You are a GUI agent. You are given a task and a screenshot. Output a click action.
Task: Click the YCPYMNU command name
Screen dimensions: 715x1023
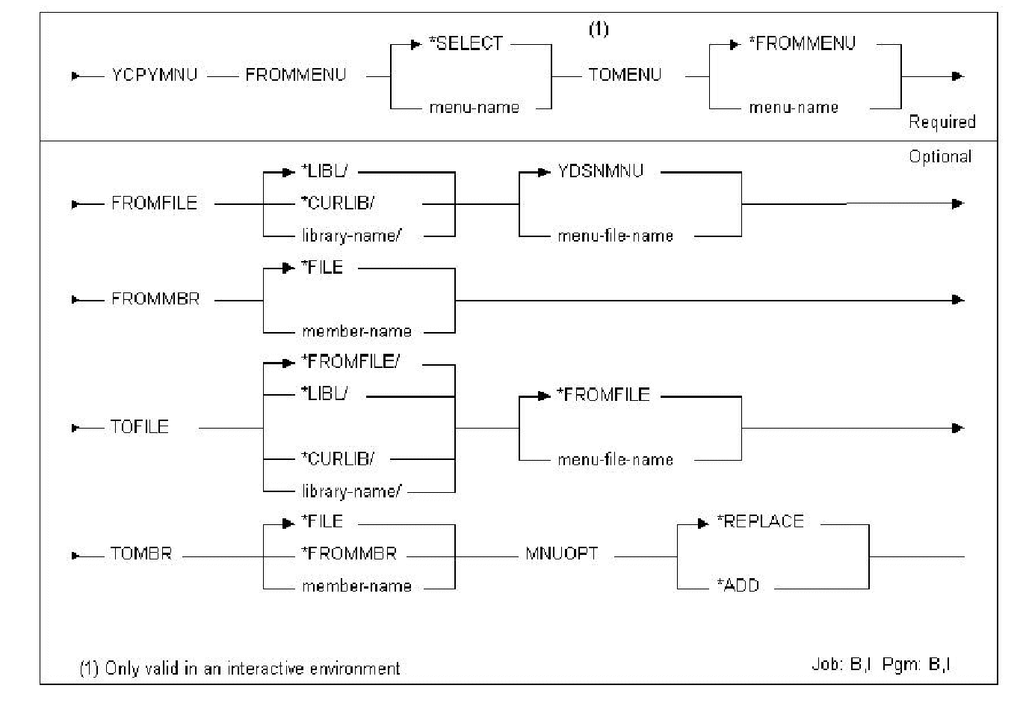(x=154, y=75)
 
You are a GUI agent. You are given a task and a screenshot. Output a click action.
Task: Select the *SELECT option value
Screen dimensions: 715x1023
(x=466, y=44)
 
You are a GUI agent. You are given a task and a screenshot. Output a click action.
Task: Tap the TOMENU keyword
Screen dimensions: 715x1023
(x=625, y=75)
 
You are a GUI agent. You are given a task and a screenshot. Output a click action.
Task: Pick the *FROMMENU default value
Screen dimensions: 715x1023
(x=802, y=44)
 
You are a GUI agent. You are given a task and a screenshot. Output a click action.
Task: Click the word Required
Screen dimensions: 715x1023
(x=942, y=122)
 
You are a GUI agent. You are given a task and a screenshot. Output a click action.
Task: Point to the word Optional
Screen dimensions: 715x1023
(x=940, y=156)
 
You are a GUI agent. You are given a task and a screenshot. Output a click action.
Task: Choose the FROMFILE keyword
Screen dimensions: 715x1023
(x=154, y=203)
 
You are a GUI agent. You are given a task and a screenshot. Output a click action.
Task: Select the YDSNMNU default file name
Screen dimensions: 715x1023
(x=600, y=171)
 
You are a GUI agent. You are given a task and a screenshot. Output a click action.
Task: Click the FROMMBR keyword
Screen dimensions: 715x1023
(x=155, y=299)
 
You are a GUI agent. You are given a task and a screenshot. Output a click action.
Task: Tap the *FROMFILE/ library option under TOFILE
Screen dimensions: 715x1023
(x=350, y=362)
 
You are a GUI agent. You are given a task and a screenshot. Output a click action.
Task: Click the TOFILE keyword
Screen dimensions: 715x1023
(x=140, y=427)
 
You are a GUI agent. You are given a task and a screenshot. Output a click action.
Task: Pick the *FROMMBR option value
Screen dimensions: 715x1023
(x=349, y=553)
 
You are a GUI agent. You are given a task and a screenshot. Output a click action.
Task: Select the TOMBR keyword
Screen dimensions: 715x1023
(x=141, y=554)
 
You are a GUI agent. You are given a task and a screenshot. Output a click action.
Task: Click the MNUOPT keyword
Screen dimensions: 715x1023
(x=561, y=554)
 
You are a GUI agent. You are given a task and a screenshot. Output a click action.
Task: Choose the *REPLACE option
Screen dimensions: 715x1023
(x=760, y=522)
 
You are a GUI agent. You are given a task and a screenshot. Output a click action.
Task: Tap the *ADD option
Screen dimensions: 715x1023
(x=738, y=586)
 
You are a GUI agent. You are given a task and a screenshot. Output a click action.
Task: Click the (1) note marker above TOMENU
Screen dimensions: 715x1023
(x=599, y=29)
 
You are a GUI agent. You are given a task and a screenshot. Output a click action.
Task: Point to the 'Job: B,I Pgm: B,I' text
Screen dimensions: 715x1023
(x=881, y=664)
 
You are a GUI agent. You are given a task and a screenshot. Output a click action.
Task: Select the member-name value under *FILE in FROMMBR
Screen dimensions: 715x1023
(x=356, y=331)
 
